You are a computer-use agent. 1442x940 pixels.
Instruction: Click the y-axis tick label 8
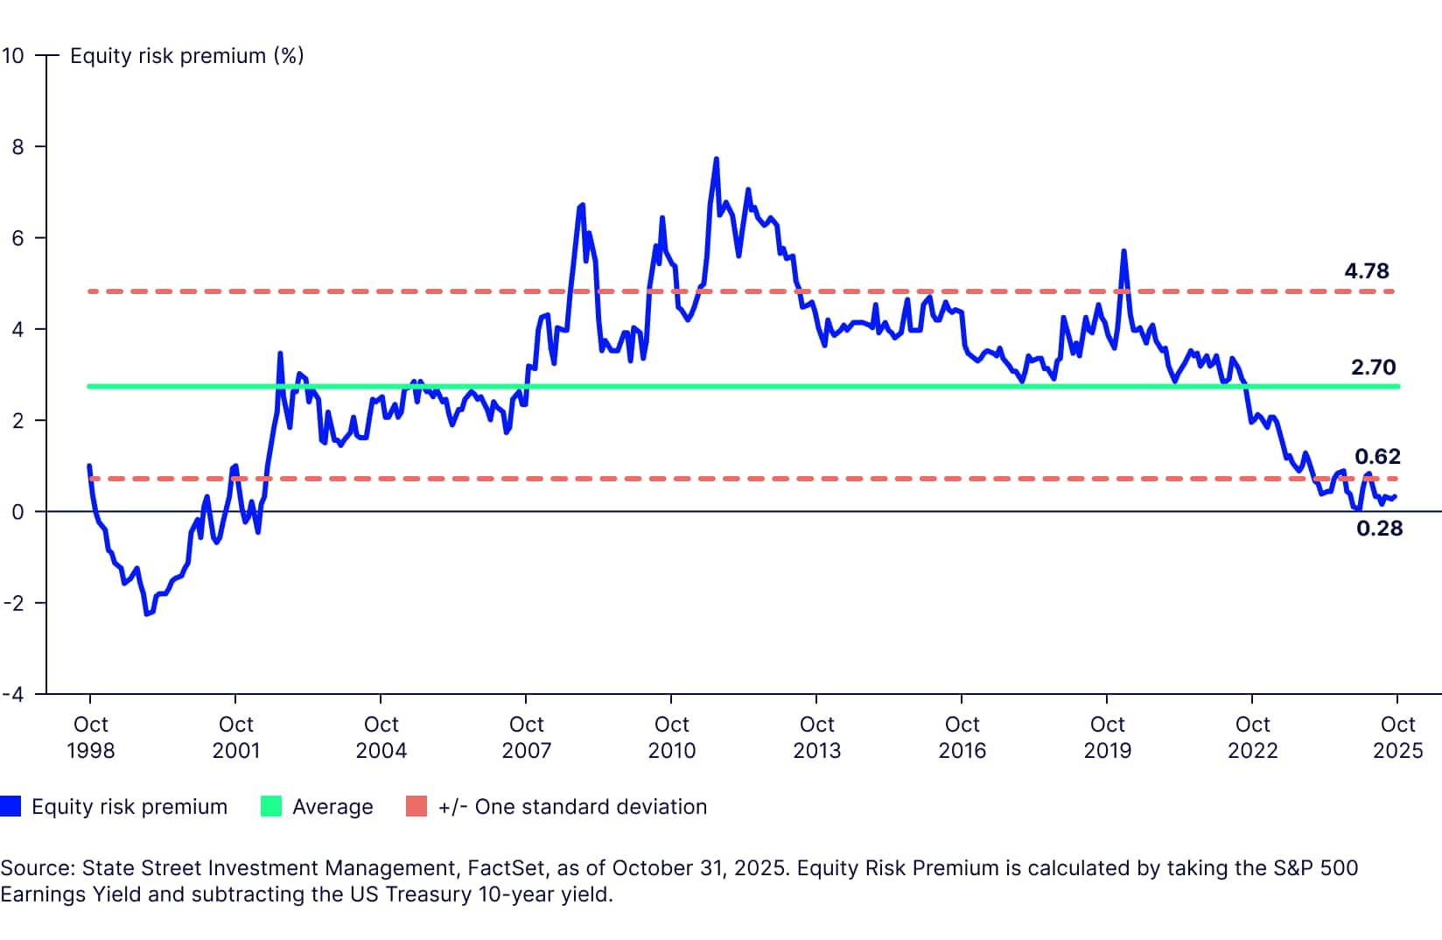click(x=17, y=147)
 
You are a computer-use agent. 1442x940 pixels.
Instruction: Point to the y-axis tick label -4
click(x=13, y=694)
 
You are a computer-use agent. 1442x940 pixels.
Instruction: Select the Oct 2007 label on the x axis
click(x=526, y=737)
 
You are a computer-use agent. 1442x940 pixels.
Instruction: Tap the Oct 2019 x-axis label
click(x=1107, y=737)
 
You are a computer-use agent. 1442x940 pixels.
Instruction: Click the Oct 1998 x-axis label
click(x=90, y=737)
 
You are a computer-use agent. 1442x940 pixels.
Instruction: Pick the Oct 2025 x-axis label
click(x=1397, y=737)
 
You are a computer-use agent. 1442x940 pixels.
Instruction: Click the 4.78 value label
click(x=1366, y=271)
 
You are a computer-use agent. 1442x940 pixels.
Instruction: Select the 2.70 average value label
click(x=1373, y=368)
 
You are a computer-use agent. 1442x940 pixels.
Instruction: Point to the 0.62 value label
click(x=1377, y=456)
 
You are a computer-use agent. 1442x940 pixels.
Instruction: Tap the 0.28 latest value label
click(x=1379, y=528)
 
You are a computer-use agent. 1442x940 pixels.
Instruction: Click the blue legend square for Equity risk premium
click(x=10, y=806)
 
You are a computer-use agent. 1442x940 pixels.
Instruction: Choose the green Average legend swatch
click(x=271, y=806)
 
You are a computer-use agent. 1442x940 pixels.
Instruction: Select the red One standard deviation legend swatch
click(x=416, y=806)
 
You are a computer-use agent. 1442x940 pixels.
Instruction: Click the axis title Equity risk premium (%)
click(x=186, y=56)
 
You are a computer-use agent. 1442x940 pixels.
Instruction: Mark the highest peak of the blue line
click(x=716, y=159)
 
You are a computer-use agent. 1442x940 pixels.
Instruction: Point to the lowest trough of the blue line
click(x=146, y=614)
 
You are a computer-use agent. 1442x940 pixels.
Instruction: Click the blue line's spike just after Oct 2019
click(x=1123, y=252)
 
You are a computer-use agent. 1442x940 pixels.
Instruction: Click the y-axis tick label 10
click(x=13, y=56)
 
